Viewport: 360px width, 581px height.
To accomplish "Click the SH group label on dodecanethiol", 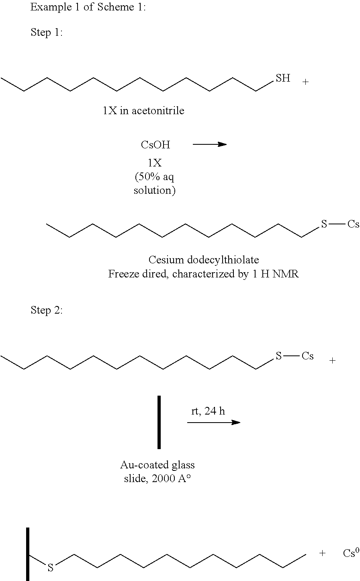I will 283,78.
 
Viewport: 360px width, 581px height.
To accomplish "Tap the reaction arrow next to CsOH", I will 210,144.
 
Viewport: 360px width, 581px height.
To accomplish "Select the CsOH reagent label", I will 155,145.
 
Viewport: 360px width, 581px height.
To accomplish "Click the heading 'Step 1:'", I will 47,33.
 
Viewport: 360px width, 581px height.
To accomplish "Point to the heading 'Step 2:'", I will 47,310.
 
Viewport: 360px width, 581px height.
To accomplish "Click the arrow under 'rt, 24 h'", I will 213,422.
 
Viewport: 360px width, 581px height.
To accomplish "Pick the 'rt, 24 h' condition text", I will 208,411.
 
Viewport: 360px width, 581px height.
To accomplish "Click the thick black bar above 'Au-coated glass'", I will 159,422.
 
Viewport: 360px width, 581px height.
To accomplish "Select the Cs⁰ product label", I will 351,553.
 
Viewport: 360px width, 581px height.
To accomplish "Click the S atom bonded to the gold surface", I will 51,568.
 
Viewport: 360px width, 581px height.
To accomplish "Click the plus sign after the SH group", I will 306,82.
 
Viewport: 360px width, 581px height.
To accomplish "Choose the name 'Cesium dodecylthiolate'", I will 204,260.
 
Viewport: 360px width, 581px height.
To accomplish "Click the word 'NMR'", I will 286,275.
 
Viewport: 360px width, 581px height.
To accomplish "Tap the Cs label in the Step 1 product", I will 353,224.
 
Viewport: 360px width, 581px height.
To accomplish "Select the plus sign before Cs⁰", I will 322,553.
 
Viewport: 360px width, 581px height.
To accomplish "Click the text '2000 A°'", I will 169,479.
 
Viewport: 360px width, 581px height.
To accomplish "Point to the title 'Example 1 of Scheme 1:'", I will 88,7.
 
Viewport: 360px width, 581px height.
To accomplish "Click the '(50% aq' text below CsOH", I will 155,177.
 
